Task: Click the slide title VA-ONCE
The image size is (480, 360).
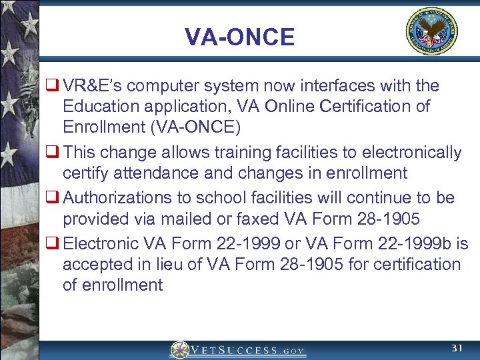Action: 239,37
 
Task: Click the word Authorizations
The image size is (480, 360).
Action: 117,198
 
